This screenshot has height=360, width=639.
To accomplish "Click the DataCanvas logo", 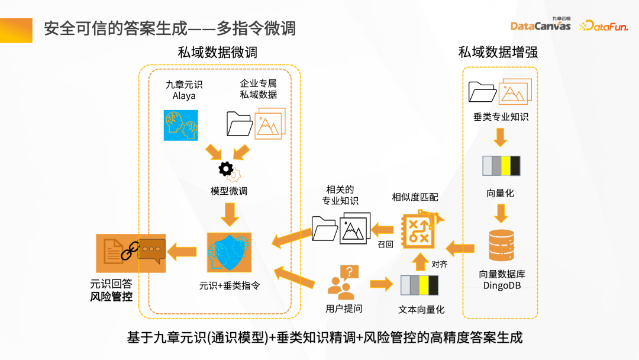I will click(540, 25).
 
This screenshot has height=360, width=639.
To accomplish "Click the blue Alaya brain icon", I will click(180, 125).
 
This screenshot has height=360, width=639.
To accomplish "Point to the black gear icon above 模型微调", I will click(226, 169).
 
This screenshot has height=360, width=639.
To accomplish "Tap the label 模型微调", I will click(228, 191).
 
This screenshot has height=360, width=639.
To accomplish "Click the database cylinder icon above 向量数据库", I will click(499, 246).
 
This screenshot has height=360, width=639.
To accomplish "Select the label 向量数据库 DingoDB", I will click(502, 280).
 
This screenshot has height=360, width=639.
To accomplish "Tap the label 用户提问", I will click(344, 308).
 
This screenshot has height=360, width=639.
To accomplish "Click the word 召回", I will click(386, 242).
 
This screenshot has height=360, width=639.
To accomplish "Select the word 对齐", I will click(438, 264).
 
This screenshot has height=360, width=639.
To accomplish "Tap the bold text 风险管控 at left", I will click(111, 297).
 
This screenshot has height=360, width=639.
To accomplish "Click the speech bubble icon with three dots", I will click(151, 252).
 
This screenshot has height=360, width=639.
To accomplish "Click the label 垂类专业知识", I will click(501, 117).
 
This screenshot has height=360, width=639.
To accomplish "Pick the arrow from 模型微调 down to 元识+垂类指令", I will click(228, 214).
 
